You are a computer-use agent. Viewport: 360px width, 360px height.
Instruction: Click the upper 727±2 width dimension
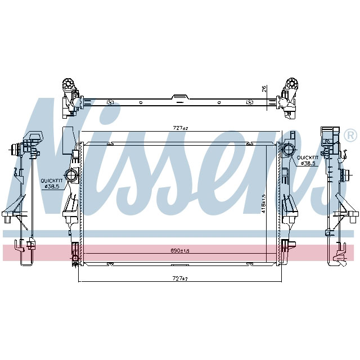click(x=179, y=128)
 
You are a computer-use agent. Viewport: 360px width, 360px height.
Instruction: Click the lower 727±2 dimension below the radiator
click(x=179, y=278)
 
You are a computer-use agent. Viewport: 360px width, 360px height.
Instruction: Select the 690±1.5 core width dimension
click(x=179, y=250)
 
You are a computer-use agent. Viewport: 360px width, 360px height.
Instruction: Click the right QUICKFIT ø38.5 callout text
click(x=308, y=160)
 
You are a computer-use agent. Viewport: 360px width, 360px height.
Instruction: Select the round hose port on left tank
click(x=71, y=174)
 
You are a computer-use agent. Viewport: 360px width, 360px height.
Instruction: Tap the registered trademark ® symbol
click(x=349, y=136)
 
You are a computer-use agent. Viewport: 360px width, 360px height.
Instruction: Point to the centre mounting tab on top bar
click(x=180, y=98)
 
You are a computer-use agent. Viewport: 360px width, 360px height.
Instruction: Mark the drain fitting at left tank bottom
click(x=75, y=260)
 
